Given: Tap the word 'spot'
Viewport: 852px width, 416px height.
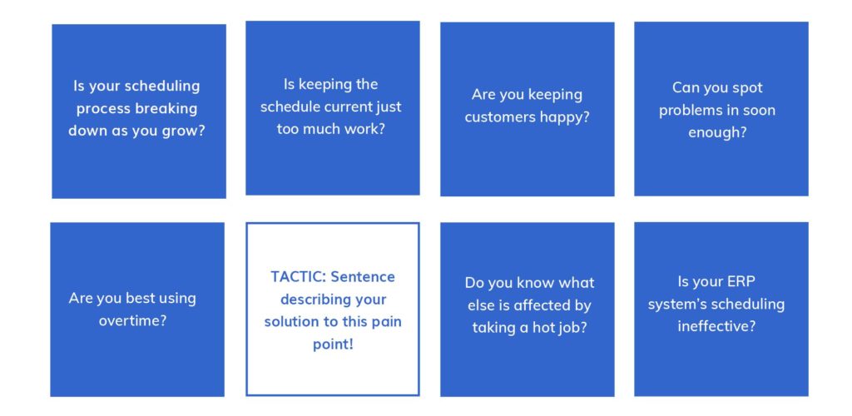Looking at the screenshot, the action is [748, 88].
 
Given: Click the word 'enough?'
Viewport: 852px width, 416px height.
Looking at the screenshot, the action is [717, 132].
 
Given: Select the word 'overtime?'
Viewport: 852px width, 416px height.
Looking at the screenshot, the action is [132, 320].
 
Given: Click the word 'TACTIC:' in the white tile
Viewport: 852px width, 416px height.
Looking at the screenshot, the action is [299, 276].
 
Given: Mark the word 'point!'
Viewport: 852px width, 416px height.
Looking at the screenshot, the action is [333, 344].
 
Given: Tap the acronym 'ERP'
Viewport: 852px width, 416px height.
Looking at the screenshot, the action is [741, 281].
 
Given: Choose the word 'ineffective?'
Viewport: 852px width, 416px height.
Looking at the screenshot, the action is [716, 326].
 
